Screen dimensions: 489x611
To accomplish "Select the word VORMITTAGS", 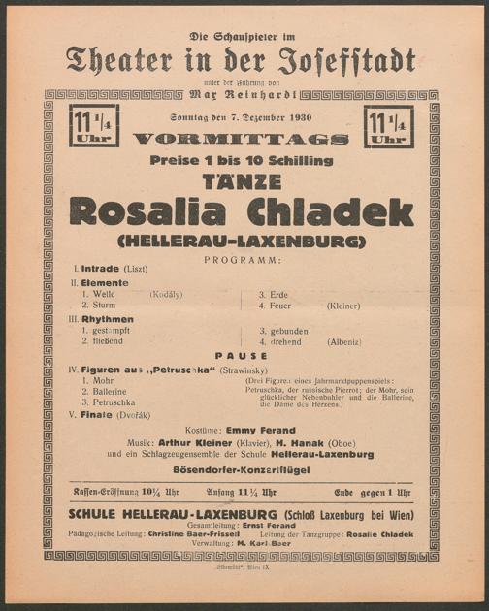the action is coord(244,141).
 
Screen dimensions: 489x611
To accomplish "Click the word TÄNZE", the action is coord(244,180).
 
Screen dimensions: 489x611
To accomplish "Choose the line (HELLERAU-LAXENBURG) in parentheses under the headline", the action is coord(244,240).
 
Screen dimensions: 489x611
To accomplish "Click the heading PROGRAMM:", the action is coord(244,261).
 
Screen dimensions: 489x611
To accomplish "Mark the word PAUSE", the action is coord(244,356).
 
